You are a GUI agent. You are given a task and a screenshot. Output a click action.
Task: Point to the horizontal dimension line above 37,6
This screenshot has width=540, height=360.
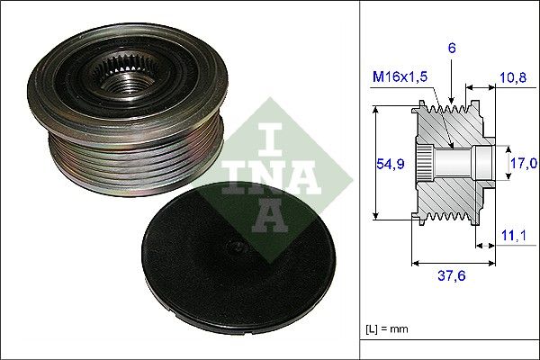(x=452, y=264)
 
